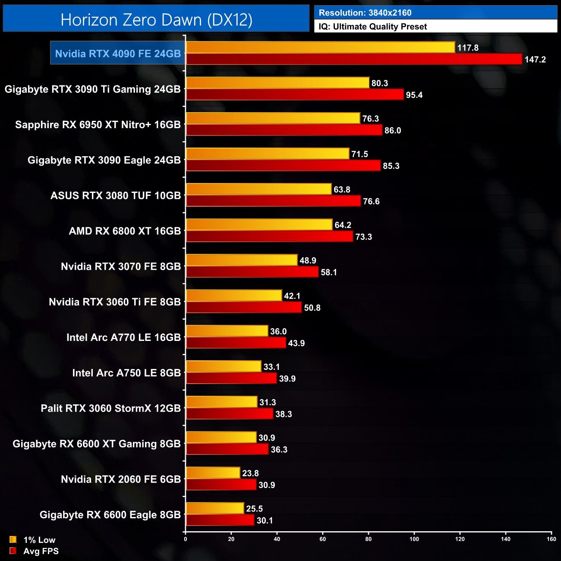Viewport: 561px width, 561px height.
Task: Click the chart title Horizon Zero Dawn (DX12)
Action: tap(156, 20)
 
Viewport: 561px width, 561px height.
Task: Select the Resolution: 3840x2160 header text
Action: tap(365, 13)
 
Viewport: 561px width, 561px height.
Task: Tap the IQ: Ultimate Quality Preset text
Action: tap(373, 27)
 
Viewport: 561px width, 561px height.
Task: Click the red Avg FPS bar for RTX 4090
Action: tap(354, 59)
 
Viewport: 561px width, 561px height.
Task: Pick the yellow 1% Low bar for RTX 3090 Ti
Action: tap(277, 83)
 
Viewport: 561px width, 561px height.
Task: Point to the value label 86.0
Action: tap(393, 130)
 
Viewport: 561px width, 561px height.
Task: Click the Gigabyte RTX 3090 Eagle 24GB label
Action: tap(104, 160)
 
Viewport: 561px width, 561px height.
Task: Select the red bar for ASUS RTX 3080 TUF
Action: tap(273, 201)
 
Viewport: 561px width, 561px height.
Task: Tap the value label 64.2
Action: tap(343, 225)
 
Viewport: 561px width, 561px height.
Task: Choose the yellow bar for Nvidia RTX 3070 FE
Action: tap(242, 260)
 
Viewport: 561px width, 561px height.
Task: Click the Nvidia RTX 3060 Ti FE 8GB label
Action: tap(115, 302)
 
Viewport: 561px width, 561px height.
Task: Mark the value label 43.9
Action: tap(296, 343)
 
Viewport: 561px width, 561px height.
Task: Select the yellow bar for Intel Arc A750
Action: tap(224, 366)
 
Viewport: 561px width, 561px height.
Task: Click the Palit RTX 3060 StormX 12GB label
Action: tap(111, 408)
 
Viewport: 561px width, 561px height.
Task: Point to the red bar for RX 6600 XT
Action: tap(227, 449)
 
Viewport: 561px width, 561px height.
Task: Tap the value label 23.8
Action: tap(250, 473)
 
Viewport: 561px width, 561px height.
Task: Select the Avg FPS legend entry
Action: tap(34, 551)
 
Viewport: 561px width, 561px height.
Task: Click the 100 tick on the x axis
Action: tap(414, 539)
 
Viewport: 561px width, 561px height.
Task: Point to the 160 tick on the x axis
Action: tap(551, 539)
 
